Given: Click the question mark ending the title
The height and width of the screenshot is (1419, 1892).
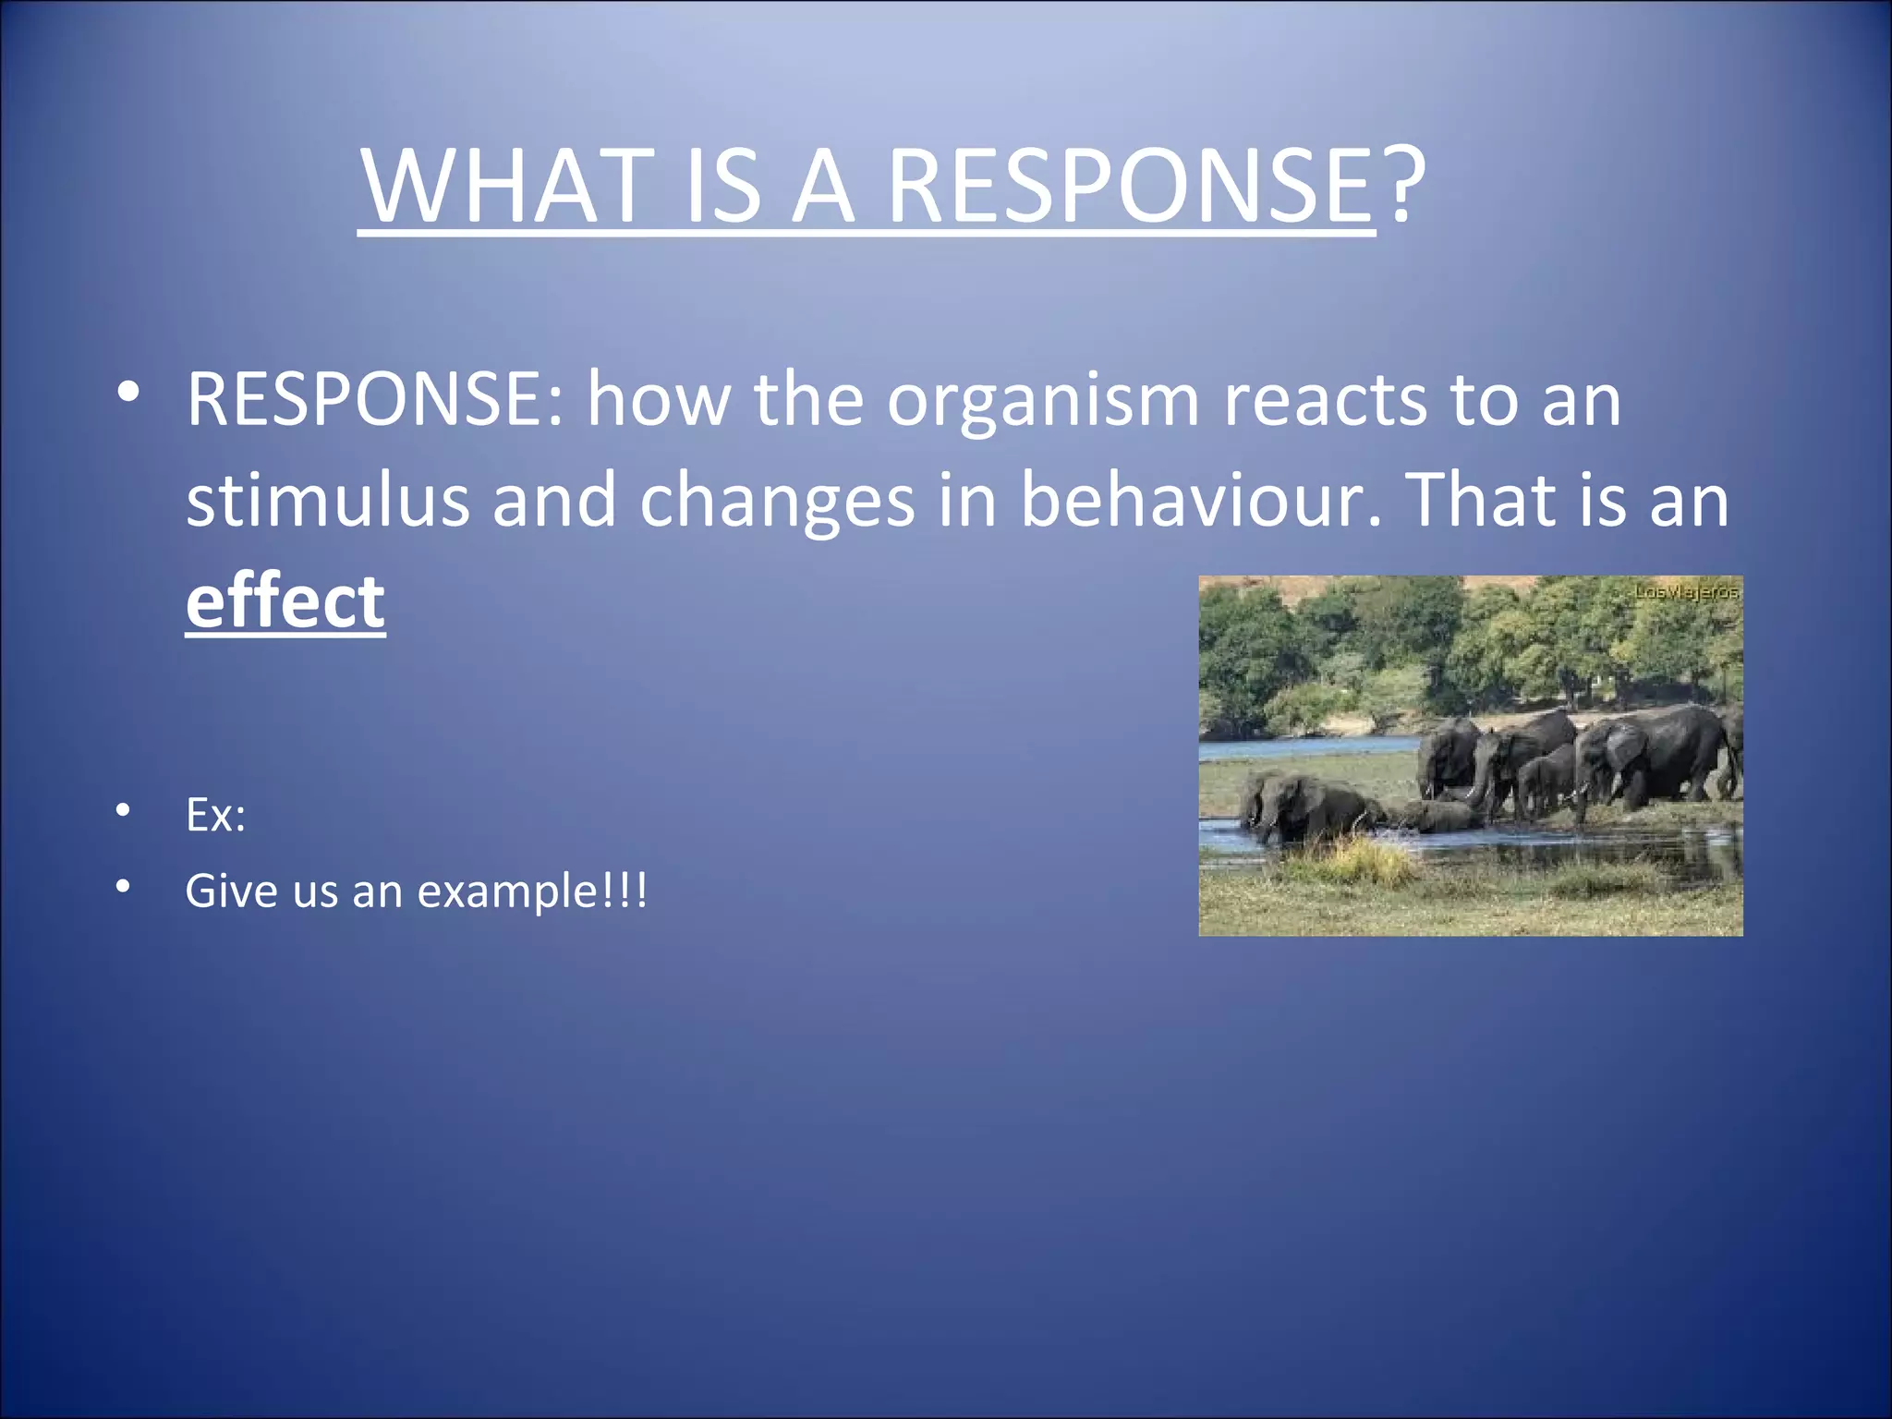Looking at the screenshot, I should point(1403,185).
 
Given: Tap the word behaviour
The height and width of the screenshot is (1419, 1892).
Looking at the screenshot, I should point(1200,500).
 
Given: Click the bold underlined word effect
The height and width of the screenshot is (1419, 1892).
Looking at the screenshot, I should point(285,601).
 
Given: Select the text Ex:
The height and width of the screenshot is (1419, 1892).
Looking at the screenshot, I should point(215,815).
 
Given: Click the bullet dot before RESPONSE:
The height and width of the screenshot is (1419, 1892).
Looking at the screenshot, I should point(127,393).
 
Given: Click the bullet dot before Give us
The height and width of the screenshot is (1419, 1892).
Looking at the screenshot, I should point(123,887).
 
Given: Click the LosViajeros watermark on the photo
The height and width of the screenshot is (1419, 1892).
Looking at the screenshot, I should point(1686,591).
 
